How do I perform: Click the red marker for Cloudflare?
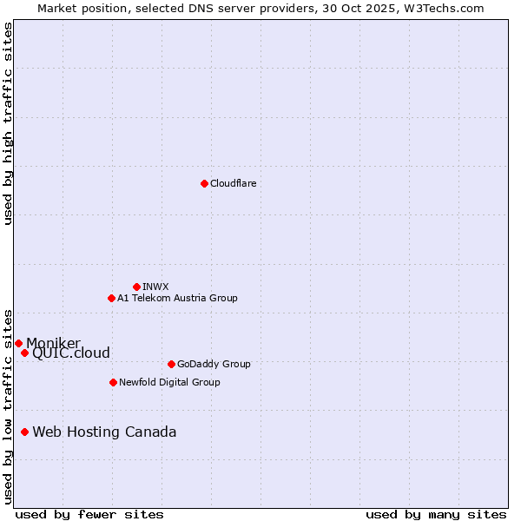pos(204,183)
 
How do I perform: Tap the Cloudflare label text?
pos(233,183)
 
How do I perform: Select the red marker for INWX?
pos(136,287)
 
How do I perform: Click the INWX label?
pos(155,287)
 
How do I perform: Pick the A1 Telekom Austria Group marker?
pos(111,298)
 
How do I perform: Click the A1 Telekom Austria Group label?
pos(177,298)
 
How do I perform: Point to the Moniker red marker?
pos(18,343)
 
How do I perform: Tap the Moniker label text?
pos(53,344)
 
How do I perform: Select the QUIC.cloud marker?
pos(24,353)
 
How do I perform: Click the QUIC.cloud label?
pos(71,353)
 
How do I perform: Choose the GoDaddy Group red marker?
pos(171,364)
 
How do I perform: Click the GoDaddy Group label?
pos(214,364)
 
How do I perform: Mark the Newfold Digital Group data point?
pos(113,382)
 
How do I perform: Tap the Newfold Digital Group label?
pos(169,382)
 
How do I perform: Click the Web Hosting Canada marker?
pos(24,432)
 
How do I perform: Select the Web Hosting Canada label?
pos(104,432)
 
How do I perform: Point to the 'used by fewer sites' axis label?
pos(89,514)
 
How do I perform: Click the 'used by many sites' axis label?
pos(436,514)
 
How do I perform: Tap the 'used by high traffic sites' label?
pos(8,123)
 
